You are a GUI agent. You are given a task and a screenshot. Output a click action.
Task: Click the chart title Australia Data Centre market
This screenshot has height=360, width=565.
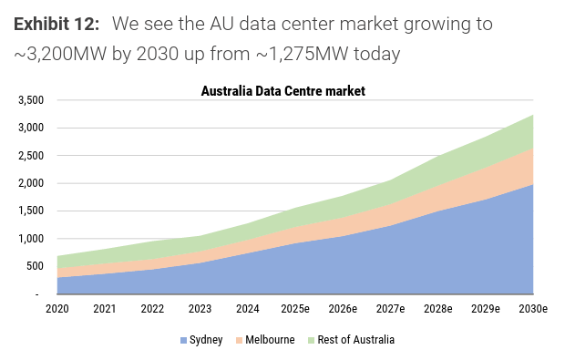(x=282, y=91)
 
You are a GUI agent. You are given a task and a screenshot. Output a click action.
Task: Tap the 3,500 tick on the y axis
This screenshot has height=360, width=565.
(x=31, y=100)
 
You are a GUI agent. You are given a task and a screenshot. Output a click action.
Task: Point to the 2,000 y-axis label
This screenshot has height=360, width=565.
(x=31, y=183)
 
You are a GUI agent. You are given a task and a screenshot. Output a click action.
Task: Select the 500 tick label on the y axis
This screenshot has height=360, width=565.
(x=35, y=266)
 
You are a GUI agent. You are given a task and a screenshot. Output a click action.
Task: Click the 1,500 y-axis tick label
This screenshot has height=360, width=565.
(x=31, y=211)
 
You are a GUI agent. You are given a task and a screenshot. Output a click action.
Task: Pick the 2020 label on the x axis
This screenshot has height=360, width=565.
(x=56, y=309)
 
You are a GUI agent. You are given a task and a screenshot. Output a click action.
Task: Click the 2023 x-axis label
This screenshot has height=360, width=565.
(x=200, y=309)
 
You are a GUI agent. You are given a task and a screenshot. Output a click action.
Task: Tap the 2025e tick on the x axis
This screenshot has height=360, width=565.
(x=295, y=309)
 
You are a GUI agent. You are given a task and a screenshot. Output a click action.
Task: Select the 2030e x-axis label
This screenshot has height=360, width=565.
(x=533, y=309)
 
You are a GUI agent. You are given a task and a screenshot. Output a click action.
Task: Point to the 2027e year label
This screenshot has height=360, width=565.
(x=390, y=309)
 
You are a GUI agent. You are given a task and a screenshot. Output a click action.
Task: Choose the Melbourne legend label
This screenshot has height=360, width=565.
(x=270, y=340)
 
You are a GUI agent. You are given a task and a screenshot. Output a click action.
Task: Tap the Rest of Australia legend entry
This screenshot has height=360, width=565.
(x=356, y=340)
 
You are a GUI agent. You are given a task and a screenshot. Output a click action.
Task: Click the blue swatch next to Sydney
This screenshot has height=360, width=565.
(x=183, y=340)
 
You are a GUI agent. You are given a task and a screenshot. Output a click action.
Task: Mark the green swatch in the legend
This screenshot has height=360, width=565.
(x=312, y=340)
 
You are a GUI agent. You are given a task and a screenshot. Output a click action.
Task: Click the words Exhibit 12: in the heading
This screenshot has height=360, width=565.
(x=56, y=24)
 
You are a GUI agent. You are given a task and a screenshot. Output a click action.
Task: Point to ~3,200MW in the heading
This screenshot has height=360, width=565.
(x=60, y=54)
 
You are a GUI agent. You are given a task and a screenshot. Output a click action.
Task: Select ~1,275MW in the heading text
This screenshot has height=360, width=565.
(x=303, y=54)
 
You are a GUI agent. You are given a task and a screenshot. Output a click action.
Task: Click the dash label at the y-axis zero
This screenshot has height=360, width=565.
(x=36, y=294)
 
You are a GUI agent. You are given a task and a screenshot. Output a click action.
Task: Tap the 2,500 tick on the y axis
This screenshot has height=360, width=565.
(x=31, y=155)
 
